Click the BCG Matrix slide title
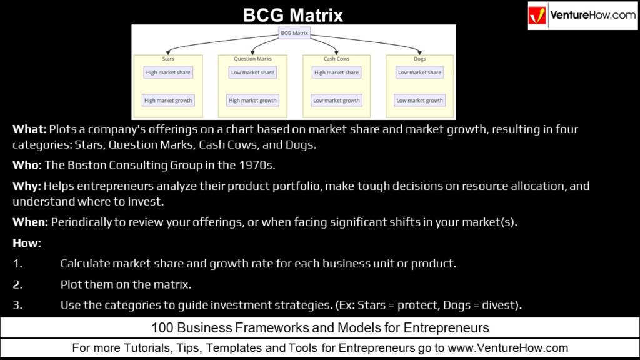pos(293,15)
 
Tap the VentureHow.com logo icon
pos(538,16)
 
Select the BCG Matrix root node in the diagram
pos(293,33)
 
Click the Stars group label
pos(167,59)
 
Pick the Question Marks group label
pos(252,59)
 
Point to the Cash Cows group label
pos(336,59)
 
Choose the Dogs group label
pos(419,59)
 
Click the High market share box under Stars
pos(167,72)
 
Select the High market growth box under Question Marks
pos(252,100)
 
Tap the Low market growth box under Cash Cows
pos(336,100)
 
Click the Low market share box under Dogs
pos(419,72)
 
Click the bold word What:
pos(29,130)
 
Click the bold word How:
pos(26,242)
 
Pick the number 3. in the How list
pos(17,305)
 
